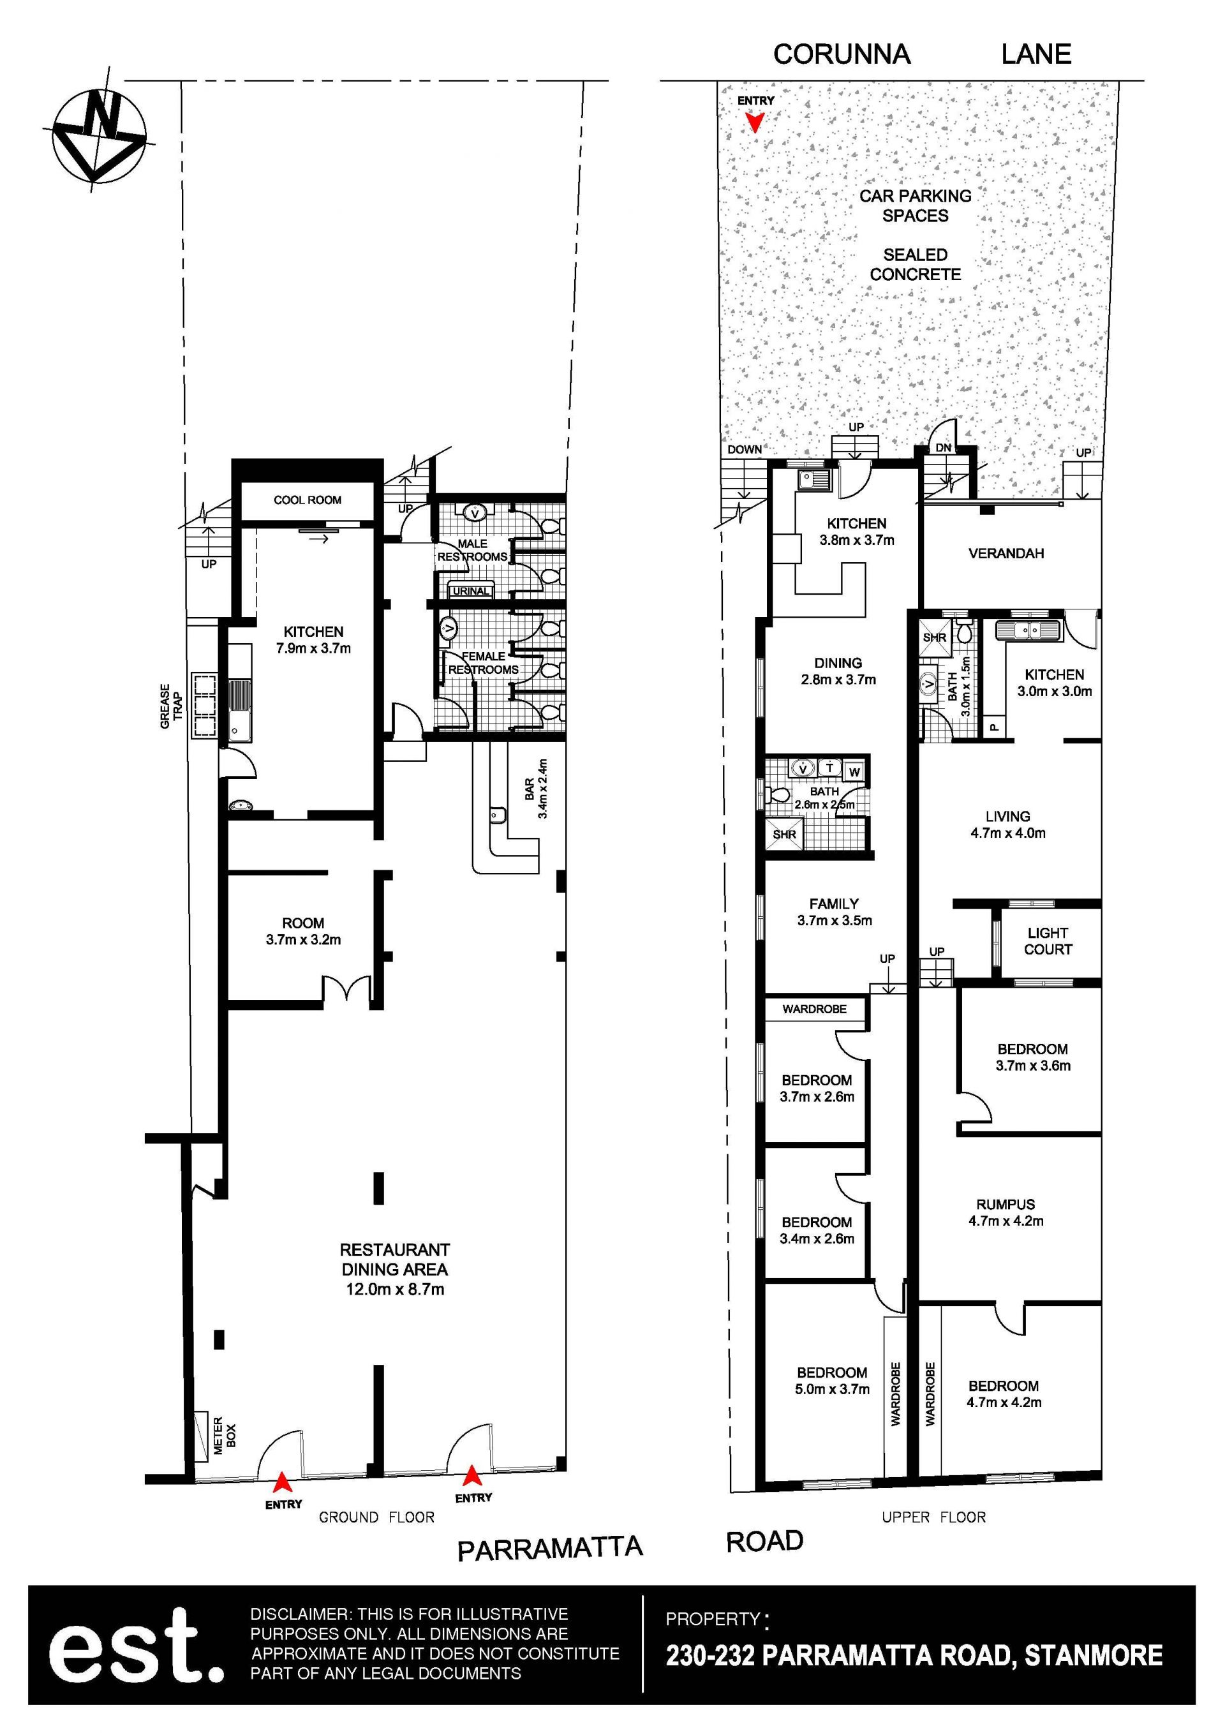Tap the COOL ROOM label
coord(307,500)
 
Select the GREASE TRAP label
coord(172,706)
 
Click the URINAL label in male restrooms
coord(471,591)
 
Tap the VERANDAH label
coord(1006,553)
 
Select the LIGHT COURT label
coord(1048,941)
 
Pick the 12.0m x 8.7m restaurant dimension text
coord(395,1289)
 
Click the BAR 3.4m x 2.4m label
coord(536,789)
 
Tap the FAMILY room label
coord(833,904)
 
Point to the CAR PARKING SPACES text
coord(916,205)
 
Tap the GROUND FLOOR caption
coord(376,1517)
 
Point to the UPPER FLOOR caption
coord(933,1517)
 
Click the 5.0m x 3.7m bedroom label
coord(832,1389)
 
